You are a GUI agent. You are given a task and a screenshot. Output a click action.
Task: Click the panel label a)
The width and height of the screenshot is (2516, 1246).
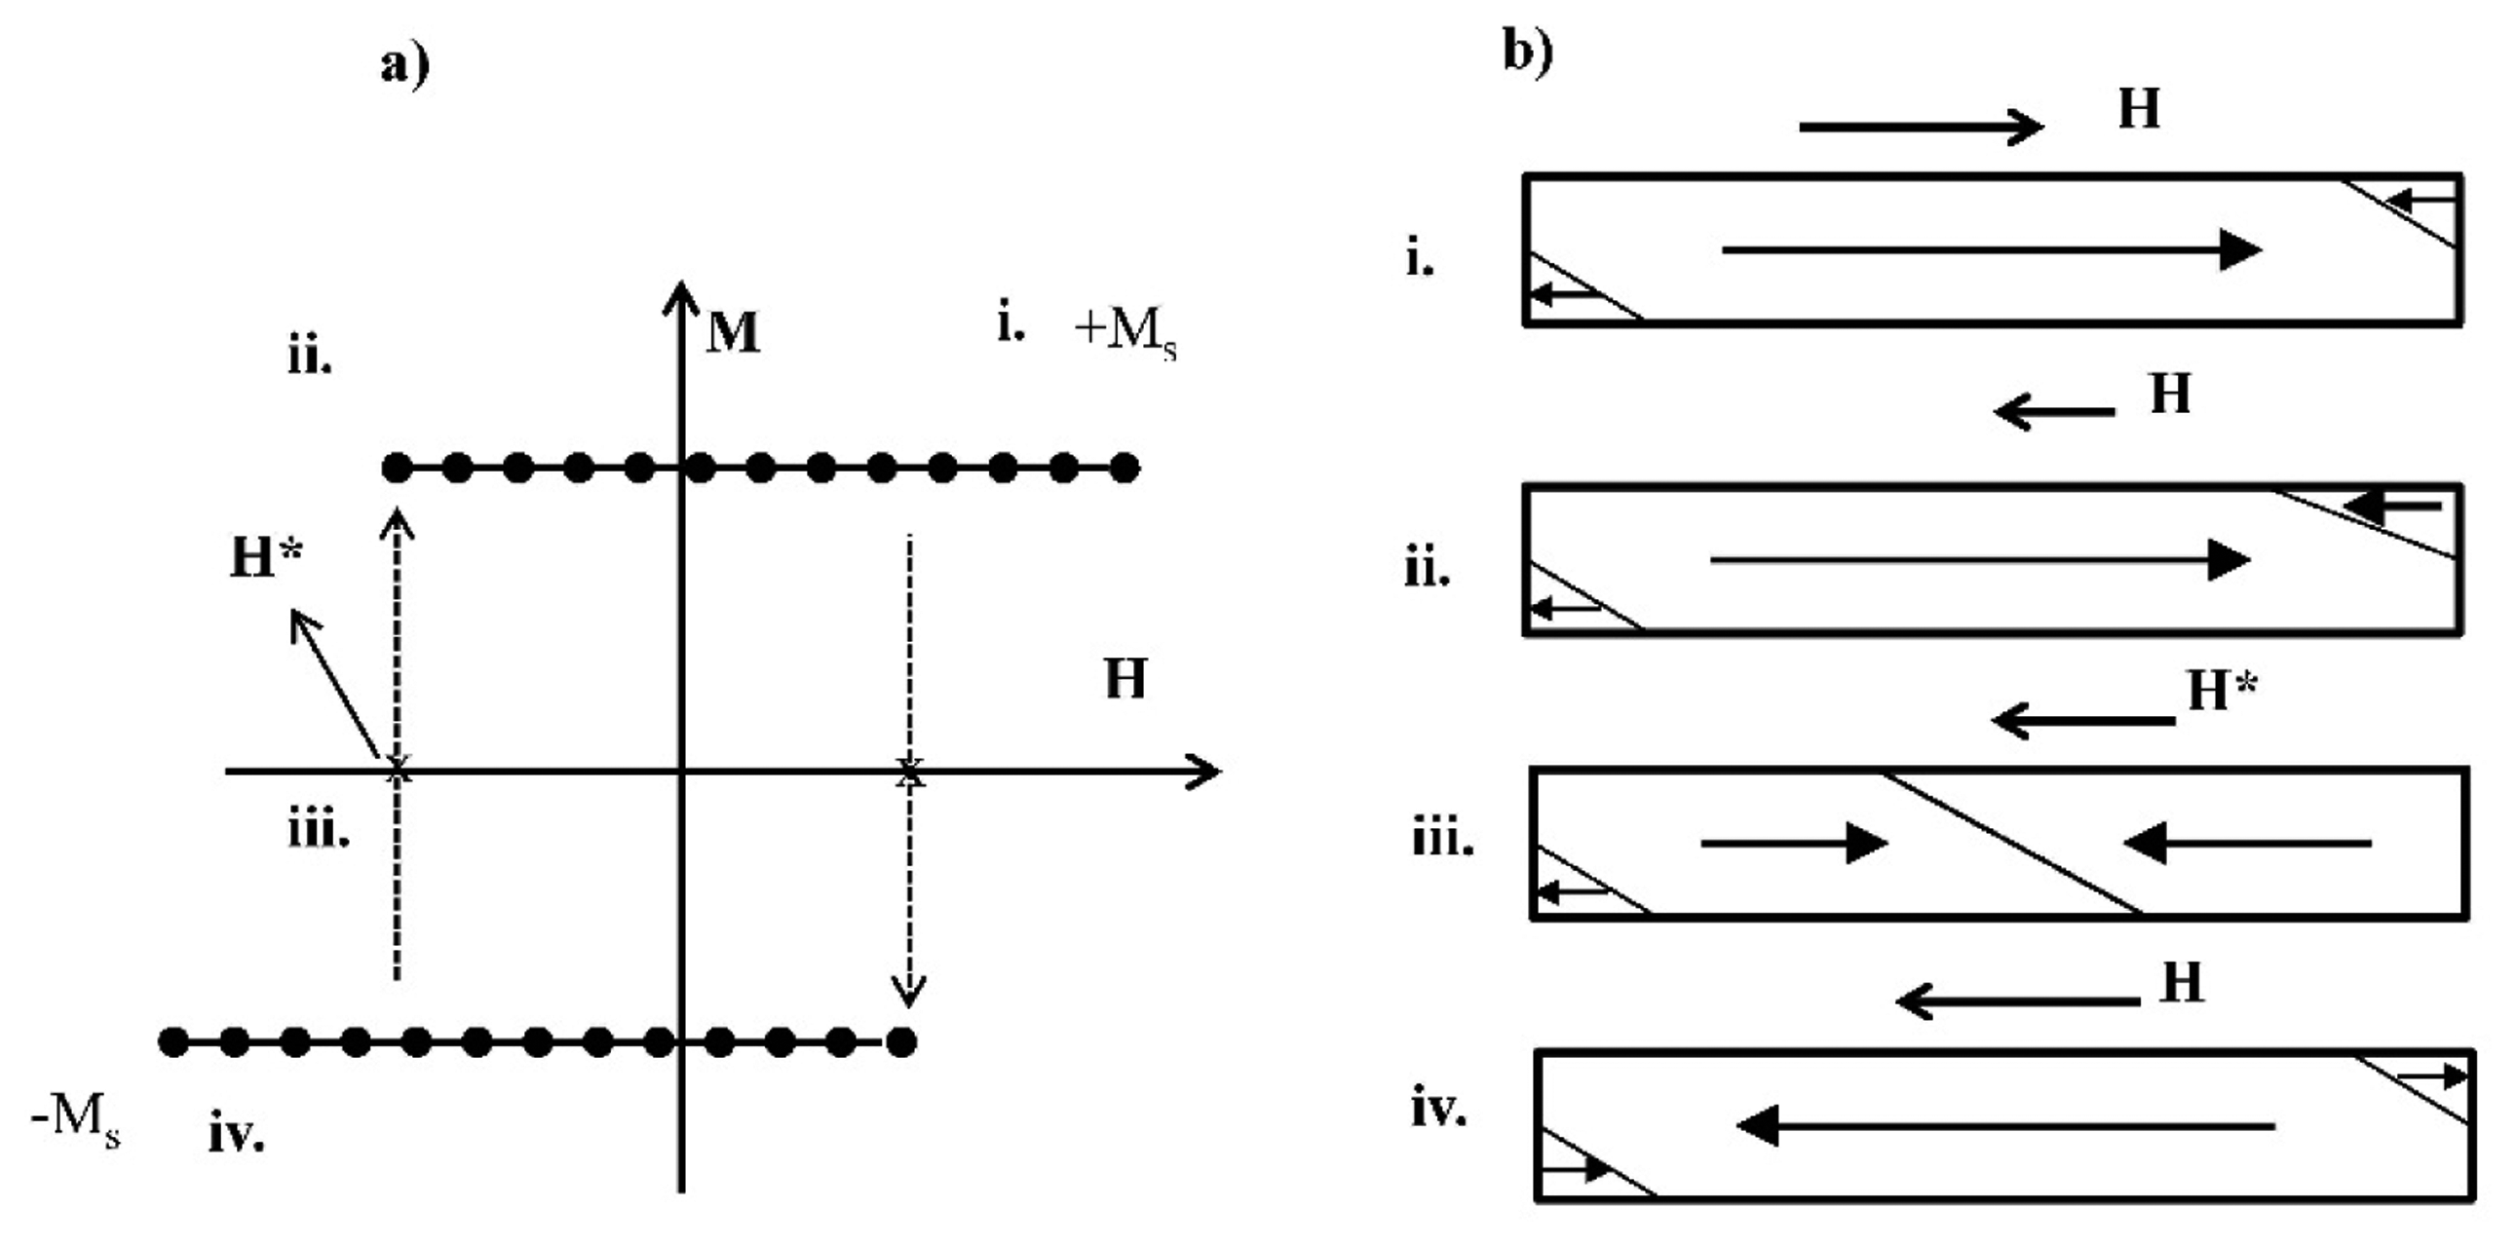(x=404, y=66)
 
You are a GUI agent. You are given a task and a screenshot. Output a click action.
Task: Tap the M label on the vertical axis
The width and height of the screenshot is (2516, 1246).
(x=733, y=332)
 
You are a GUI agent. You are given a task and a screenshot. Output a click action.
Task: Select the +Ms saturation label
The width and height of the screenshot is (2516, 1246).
(x=1125, y=332)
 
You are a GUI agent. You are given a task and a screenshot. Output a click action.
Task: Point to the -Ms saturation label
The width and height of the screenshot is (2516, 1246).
(x=75, y=1118)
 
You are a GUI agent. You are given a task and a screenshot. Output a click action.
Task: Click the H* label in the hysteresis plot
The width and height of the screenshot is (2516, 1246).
(x=266, y=556)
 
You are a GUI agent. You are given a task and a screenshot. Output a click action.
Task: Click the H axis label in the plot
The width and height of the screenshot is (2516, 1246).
(x=1125, y=678)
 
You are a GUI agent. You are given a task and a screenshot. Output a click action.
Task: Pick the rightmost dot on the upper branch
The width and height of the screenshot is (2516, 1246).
(x=1125, y=469)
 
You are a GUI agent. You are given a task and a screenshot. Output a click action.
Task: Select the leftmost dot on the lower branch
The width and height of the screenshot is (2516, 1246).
(x=172, y=1042)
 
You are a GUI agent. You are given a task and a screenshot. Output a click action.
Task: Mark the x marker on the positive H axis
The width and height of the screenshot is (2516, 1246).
(x=909, y=772)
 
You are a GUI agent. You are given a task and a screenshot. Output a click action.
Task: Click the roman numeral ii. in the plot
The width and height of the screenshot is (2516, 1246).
(x=310, y=358)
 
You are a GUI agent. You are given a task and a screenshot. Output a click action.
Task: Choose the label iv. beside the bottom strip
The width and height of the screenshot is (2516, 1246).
(x=1438, y=1110)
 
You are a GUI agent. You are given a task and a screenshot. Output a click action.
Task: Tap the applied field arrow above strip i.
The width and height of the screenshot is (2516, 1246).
(x=1921, y=127)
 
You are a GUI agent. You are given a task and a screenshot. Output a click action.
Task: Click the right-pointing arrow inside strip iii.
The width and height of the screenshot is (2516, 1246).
(x=1793, y=843)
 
